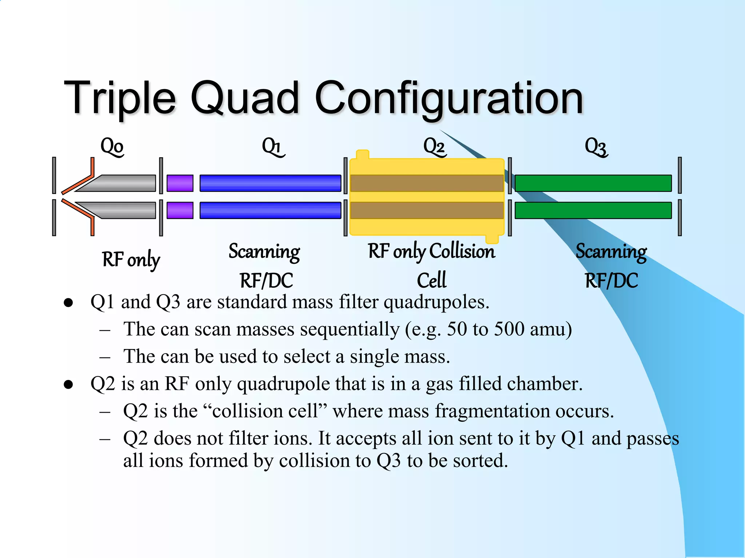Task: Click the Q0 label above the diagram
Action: tap(112, 147)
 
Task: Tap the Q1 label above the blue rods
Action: tap(273, 147)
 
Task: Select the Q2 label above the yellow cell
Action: tap(434, 147)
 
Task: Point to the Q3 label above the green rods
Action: tap(596, 147)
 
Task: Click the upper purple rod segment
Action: tap(180, 183)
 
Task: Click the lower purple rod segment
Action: tap(180, 210)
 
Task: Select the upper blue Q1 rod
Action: tap(270, 183)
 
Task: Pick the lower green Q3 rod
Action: tap(593, 210)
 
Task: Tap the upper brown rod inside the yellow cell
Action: tap(426, 183)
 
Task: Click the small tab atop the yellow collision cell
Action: tap(362, 154)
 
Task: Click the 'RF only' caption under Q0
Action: tap(131, 260)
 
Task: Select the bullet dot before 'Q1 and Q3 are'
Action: tap(68, 303)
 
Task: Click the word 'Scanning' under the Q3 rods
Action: tap(611, 251)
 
